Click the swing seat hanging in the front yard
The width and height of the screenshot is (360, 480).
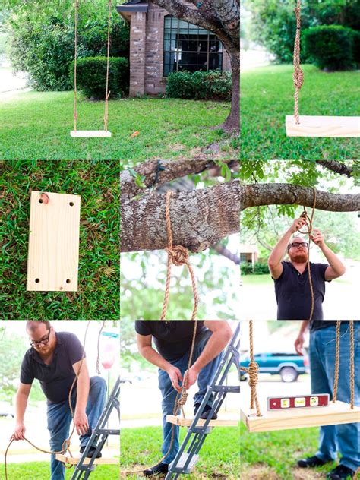click(x=90, y=134)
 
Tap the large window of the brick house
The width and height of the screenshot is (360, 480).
click(x=191, y=47)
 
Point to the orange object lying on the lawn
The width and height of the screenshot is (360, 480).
click(x=134, y=134)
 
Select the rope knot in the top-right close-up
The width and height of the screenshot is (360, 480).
click(x=298, y=76)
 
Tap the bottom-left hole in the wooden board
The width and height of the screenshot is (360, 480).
click(x=33, y=278)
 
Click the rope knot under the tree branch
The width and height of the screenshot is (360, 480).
click(x=178, y=255)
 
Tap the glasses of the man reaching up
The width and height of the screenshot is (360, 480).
click(x=298, y=245)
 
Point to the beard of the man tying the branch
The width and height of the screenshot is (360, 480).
click(x=298, y=256)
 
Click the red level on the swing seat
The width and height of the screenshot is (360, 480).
click(x=298, y=402)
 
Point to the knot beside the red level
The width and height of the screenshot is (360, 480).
click(x=253, y=372)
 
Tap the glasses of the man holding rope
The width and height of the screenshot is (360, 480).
click(x=40, y=339)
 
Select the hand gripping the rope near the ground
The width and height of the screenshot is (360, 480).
click(x=17, y=433)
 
